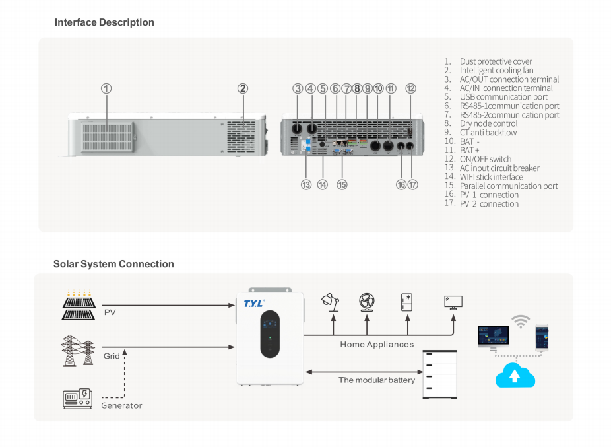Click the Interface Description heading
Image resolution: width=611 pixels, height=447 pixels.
104,22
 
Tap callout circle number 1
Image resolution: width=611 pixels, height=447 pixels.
106,88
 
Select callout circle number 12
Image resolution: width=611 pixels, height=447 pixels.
410,88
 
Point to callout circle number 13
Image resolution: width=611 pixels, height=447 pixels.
306,185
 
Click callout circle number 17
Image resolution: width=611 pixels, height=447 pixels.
413,185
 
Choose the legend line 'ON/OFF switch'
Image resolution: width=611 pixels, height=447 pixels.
486,159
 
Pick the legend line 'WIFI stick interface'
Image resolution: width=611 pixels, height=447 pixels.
491,177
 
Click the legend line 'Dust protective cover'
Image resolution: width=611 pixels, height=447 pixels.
496,61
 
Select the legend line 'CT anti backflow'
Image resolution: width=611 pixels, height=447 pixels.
488,133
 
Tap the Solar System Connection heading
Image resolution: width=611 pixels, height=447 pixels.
113,264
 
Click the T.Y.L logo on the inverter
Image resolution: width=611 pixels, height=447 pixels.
254,303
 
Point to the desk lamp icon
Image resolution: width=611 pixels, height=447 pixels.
331,302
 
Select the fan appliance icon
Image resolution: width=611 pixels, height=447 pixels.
367,302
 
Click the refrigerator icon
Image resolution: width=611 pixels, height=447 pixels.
406,302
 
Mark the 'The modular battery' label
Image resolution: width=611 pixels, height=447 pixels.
377,380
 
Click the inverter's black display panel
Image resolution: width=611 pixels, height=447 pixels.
270,334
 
